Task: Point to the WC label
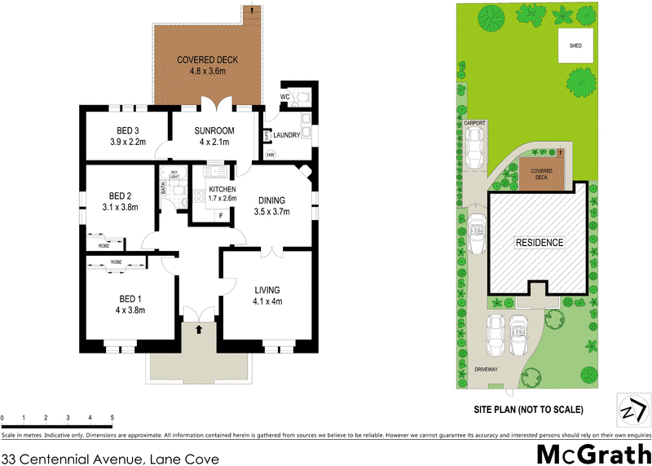click(x=285, y=97)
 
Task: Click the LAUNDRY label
click(x=287, y=135)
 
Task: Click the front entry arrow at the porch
click(x=199, y=330)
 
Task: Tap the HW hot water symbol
click(x=271, y=155)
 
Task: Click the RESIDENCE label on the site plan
click(x=538, y=243)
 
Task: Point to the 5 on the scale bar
click(x=112, y=417)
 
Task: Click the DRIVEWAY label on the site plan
click(x=491, y=369)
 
